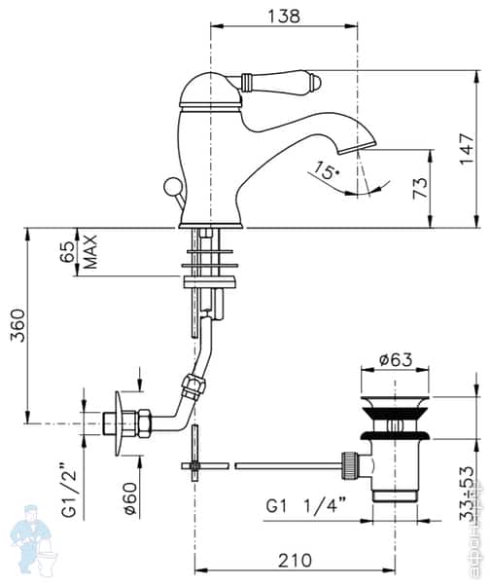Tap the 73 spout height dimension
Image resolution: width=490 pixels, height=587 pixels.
[x=420, y=189]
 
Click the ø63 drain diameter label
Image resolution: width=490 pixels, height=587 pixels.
[x=396, y=359]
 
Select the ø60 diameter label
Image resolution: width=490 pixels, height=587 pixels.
[x=129, y=496]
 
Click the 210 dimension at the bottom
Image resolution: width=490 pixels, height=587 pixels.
[x=294, y=560]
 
